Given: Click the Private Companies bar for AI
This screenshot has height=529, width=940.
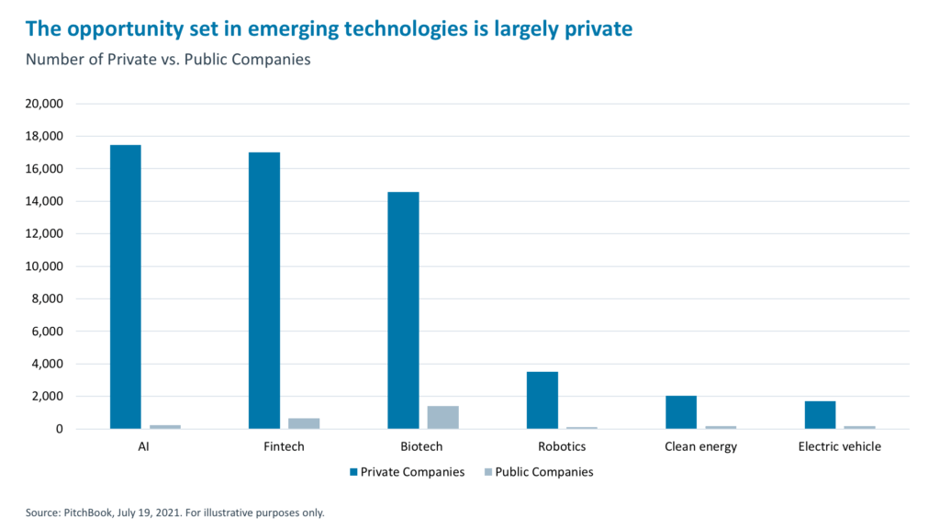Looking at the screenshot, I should click(x=126, y=287).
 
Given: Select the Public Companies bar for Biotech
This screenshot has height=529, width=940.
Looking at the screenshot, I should click(x=442, y=417).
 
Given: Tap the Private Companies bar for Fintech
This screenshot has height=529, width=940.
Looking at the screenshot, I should click(x=264, y=290).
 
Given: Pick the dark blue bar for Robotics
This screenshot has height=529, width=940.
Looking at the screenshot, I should click(x=543, y=400).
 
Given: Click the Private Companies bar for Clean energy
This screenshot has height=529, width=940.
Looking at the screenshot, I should click(x=681, y=412).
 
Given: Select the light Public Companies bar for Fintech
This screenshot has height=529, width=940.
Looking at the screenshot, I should click(x=304, y=423).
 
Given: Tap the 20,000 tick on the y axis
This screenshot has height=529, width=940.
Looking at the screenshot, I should click(x=43, y=104).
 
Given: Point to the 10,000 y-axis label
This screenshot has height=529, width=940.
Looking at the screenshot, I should click(x=43, y=266).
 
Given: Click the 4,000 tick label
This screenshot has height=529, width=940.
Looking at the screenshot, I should click(x=46, y=364).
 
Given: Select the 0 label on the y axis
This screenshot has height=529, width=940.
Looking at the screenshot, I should click(x=59, y=429).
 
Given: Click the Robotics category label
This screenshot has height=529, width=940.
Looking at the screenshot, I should click(x=562, y=447).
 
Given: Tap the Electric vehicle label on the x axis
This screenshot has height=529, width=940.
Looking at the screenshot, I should click(x=840, y=447).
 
